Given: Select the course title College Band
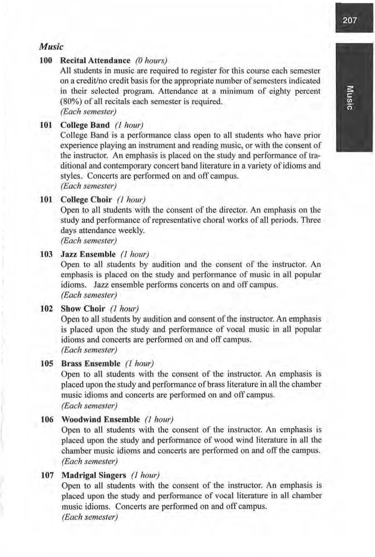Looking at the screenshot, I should [85, 125].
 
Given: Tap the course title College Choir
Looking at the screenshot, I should [86, 199].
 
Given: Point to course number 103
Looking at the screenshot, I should [46, 254].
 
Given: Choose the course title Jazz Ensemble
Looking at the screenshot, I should [88, 254].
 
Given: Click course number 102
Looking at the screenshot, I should [46, 309].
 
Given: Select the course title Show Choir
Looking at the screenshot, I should [82, 309].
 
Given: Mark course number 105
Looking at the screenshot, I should [46, 363].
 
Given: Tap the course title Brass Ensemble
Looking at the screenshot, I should [90, 363].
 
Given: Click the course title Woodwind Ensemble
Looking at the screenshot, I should [100, 419].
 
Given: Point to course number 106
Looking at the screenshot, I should [46, 419].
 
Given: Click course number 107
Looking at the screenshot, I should [46, 475].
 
